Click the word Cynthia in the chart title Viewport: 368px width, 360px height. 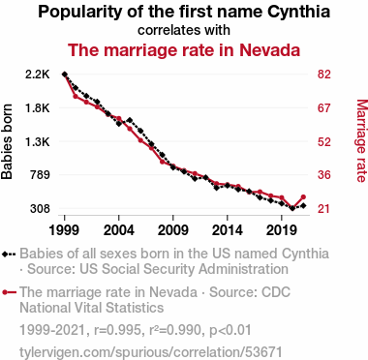[299, 12]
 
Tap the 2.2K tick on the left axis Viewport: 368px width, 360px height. [38, 75]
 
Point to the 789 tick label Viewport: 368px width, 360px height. [40, 175]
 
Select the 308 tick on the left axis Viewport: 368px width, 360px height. [40, 209]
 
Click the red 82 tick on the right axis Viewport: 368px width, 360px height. [323, 75]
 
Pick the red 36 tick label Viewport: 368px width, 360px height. [323, 175]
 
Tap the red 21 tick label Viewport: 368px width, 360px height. [323, 209]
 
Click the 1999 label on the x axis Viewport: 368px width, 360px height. [64, 230]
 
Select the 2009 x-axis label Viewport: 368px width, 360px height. [173, 230]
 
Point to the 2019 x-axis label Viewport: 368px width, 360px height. [282, 230]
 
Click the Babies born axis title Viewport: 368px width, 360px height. [7, 141]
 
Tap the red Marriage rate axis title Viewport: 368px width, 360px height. [361, 141]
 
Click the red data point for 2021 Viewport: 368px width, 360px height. [303, 197]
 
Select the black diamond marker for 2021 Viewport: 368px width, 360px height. [303, 205]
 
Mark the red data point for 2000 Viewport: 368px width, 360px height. [76, 96]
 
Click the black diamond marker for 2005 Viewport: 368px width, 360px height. [130, 120]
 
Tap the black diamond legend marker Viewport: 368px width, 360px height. [5, 254]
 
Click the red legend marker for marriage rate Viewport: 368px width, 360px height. [5, 292]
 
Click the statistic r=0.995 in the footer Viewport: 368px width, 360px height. [117, 330]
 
